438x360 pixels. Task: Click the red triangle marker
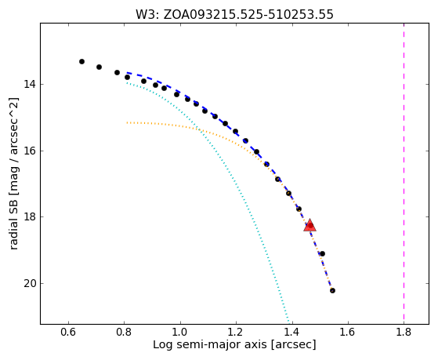coord(309,226)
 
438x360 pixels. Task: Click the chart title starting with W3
coord(234,14)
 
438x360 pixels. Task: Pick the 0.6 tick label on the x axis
coord(68,332)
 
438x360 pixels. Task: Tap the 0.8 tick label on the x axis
coord(125,332)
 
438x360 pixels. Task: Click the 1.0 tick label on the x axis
coord(180,332)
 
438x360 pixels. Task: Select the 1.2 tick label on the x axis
coord(237,332)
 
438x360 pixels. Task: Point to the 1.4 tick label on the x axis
coord(292,332)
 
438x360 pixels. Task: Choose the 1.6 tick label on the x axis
coord(348,332)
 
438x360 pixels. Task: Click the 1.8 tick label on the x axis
coord(404,332)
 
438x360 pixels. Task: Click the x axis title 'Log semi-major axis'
coord(210,344)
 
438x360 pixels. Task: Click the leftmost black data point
coord(81,61)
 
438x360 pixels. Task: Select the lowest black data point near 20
coord(332,291)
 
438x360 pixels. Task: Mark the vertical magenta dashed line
coord(404,173)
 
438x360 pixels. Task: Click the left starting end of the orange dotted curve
coord(127,122)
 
